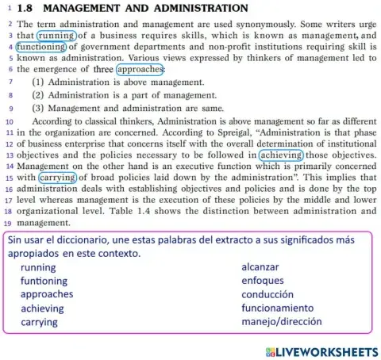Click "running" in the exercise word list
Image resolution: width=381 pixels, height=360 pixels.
[38, 268]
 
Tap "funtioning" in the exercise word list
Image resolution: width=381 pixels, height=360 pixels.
[44, 281]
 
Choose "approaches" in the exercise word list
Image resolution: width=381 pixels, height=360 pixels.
[47, 295]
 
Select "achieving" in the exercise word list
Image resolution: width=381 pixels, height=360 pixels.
[42, 308]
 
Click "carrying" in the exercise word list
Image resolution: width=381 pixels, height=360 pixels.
[40, 323]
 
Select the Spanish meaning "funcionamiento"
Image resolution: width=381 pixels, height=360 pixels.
[283, 308]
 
